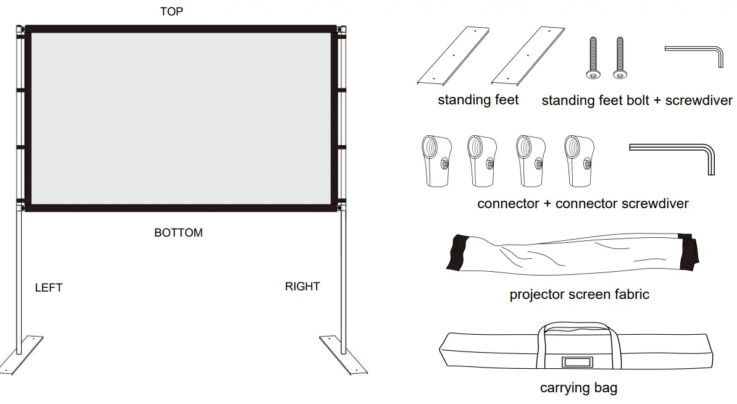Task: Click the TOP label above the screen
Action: click(171, 12)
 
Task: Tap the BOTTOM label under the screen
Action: click(178, 233)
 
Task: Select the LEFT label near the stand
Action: click(49, 288)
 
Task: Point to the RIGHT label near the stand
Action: click(302, 287)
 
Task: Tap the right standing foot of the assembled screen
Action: click(343, 354)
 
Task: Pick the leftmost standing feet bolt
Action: click(592, 58)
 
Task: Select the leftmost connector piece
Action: click(435, 160)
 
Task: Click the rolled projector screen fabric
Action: click(574, 254)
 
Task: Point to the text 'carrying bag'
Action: click(578, 388)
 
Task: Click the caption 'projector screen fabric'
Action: click(579, 295)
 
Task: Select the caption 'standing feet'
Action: click(478, 100)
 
